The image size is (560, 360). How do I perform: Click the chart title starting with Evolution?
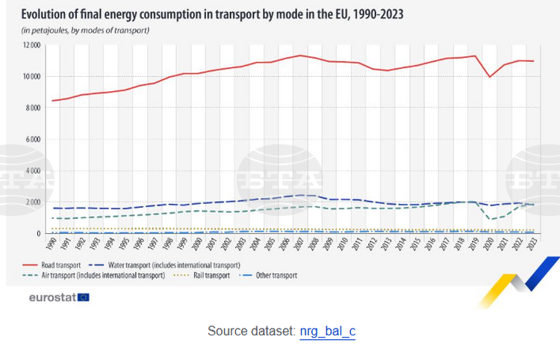(x=212, y=14)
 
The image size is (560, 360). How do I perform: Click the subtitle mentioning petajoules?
(x=85, y=31)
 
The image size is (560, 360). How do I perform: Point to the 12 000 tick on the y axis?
(x=32, y=46)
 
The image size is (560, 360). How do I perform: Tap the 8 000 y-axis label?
(x=33, y=108)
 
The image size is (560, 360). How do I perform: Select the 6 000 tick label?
(x=33, y=139)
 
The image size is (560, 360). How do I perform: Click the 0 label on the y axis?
(x=38, y=234)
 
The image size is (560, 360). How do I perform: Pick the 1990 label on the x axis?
(x=52, y=243)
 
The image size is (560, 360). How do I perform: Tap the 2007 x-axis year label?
(x=299, y=243)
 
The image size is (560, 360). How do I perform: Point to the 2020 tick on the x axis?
(x=488, y=243)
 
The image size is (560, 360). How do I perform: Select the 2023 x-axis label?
(x=532, y=243)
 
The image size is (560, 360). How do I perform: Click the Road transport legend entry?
(x=52, y=265)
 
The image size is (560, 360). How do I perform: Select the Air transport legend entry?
(x=93, y=276)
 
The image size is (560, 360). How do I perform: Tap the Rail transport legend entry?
(x=202, y=276)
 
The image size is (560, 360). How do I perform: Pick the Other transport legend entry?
(x=267, y=276)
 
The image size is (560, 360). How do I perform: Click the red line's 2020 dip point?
(x=490, y=77)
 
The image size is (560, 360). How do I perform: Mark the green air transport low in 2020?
(x=490, y=219)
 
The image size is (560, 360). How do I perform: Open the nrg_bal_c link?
(x=328, y=331)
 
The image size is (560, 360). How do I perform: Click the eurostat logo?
(x=59, y=297)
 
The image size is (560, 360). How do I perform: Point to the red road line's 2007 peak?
(x=300, y=55)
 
